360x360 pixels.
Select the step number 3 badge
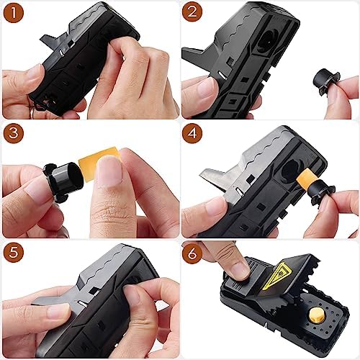(x=14, y=134)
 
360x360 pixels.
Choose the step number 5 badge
(x=14, y=253)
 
